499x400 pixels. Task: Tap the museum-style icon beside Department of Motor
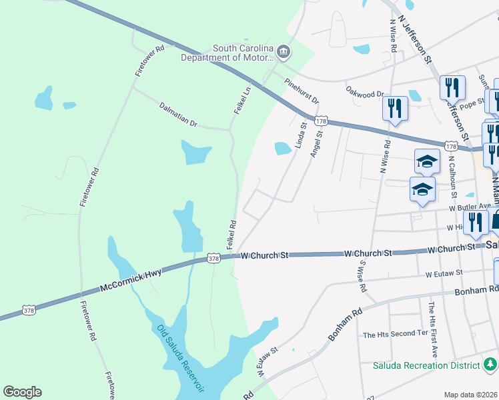[x=284, y=52]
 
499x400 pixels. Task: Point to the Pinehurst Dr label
[x=302, y=91]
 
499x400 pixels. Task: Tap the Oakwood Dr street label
[x=366, y=91]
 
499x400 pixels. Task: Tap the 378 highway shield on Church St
[x=213, y=258]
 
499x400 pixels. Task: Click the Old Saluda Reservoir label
[x=181, y=359]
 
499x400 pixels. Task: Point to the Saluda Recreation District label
[x=426, y=365]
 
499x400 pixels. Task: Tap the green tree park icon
[x=490, y=364]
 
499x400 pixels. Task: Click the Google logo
[x=22, y=392]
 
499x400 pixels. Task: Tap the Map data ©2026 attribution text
[x=470, y=395]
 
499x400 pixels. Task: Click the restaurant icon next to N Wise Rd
[x=395, y=107]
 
